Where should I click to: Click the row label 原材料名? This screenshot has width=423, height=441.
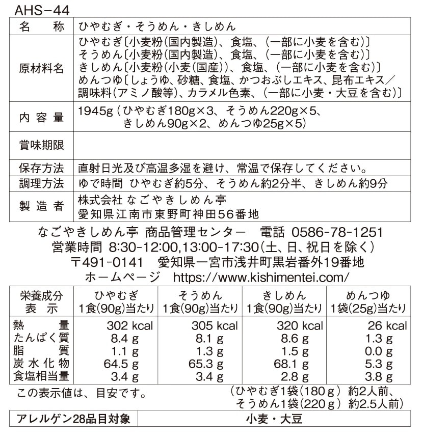click(41, 69)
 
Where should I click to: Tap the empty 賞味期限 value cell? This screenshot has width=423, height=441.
click(242, 146)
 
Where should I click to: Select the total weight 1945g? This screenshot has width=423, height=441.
click(96, 111)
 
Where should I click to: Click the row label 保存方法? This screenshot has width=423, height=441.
click(41, 169)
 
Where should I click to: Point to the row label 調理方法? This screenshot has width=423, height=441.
click(41, 183)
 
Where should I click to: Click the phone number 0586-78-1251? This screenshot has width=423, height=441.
click(337, 232)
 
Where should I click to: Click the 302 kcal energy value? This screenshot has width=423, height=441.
click(129, 326)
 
